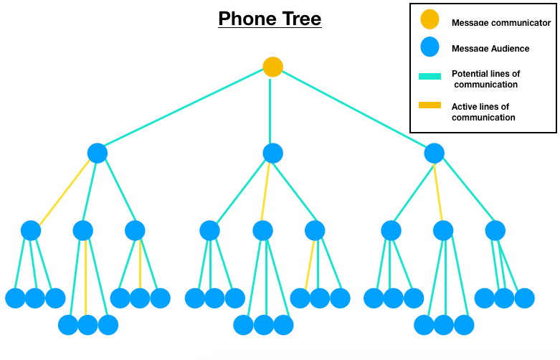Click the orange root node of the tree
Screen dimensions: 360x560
click(272, 67)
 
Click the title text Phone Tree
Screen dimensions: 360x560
click(270, 18)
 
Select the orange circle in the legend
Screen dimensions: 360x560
click(430, 19)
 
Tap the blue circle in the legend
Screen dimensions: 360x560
click(430, 47)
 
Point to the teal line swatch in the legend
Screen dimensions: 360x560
click(430, 75)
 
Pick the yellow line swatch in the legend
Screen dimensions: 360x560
click(430, 105)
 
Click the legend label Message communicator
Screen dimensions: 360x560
click(500, 23)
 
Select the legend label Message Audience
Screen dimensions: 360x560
click(490, 49)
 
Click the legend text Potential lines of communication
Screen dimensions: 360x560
click(485, 79)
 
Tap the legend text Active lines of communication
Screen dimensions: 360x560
click(483, 112)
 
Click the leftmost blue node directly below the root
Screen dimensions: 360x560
click(98, 153)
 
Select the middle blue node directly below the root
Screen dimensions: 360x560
click(272, 153)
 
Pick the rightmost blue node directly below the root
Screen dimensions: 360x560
click(434, 153)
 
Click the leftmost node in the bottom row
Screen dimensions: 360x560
click(15, 298)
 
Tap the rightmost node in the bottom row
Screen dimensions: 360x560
click(524, 298)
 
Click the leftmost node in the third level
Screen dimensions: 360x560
click(31, 230)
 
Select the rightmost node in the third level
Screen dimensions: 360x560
click(495, 230)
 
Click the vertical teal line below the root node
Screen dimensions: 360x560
click(270, 111)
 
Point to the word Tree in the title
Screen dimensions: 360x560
click(301, 18)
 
